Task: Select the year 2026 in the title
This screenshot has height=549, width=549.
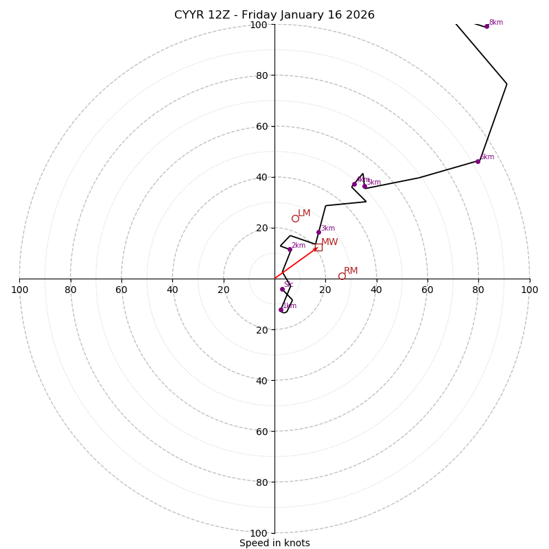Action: (x=361, y=15)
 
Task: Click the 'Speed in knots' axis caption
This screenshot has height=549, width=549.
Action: (x=274, y=543)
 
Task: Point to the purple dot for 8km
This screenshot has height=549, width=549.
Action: (x=487, y=26)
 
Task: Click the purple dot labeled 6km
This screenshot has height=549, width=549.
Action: (x=478, y=161)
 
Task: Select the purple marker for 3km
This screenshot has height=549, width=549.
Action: (x=318, y=232)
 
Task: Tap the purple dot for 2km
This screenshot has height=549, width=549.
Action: (x=290, y=249)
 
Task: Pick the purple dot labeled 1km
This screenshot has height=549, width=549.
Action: (x=281, y=309)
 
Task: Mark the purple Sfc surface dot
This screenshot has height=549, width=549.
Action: (x=282, y=289)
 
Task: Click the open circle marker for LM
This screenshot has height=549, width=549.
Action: (x=295, y=218)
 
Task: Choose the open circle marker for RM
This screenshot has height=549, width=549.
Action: (x=342, y=276)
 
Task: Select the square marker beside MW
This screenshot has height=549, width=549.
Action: (x=318, y=247)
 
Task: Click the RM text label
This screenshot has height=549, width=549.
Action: (x=351, y=270)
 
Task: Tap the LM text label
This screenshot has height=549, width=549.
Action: (x=304, y=213)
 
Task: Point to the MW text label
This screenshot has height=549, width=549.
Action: (x=329, y=242)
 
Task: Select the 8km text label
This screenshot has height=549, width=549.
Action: (x=495, y=22)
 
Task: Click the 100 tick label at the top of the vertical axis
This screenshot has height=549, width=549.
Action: (x=259, y=25)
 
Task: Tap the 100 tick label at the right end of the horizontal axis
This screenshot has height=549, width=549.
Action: (x=529, y=290)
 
